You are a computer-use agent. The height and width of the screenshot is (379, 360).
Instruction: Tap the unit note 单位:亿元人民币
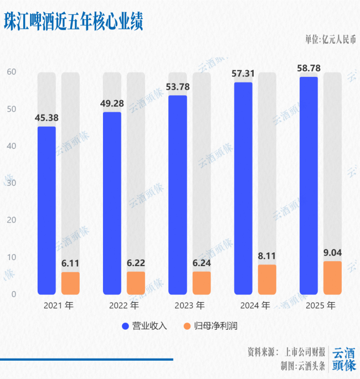(330, 39)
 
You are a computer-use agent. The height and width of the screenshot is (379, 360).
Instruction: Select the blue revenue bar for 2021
(47, 210)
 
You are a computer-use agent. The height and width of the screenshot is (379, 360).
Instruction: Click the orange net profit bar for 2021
(70, 283)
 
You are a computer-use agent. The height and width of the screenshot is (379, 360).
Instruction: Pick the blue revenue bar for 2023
(178, 195)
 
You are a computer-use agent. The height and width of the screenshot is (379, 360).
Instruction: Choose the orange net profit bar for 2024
(267, 279)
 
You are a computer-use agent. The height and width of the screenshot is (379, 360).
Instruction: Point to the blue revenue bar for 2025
(308, 185)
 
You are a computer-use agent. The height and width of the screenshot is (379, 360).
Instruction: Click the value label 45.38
(47, 118)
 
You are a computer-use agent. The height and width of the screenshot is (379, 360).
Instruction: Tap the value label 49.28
(112, 103)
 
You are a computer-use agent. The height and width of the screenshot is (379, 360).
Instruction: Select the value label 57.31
(243, 73)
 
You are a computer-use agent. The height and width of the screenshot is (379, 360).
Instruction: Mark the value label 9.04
(332, 252)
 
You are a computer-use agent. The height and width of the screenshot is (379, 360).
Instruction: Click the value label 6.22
(136, 263)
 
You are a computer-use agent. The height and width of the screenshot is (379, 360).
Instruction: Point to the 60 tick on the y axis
(12, 72)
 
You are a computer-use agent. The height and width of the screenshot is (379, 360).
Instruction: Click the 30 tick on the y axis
(12, 183)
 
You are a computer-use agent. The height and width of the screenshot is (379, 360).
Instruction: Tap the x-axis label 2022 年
(124, 305)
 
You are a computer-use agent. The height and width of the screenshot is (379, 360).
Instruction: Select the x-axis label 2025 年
(321, 305)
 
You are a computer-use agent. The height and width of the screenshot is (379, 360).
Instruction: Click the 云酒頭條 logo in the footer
(343, 359)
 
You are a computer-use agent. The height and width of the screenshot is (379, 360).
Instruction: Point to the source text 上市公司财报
(304, 352)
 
